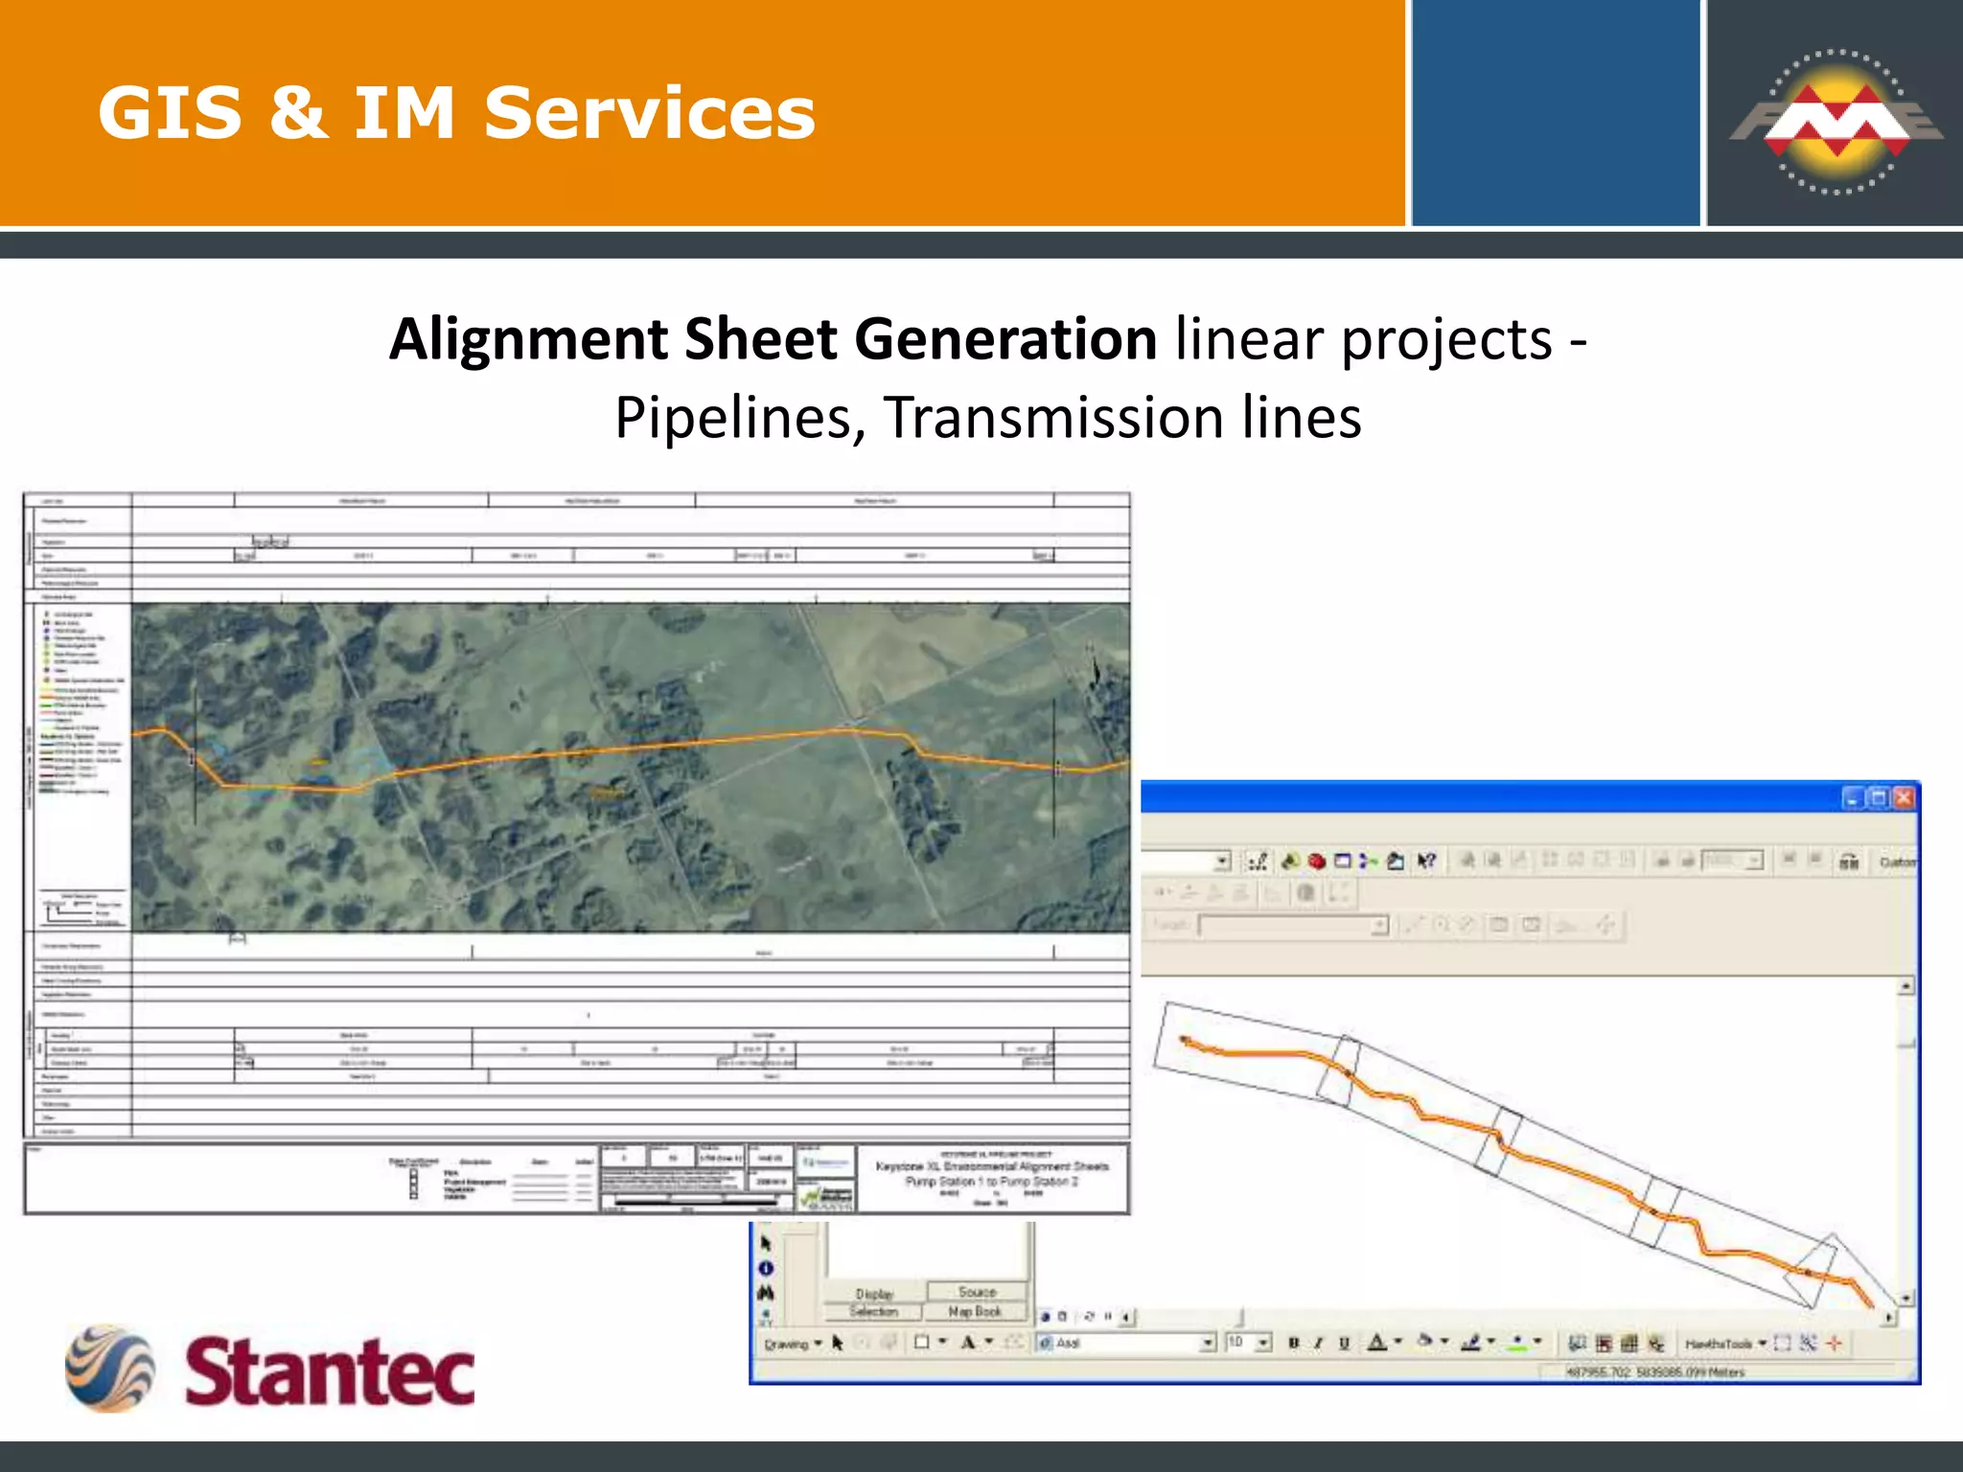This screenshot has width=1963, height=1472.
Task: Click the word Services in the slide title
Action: (x=649, y=113)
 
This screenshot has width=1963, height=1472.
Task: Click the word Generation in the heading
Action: (x=1005, y=339)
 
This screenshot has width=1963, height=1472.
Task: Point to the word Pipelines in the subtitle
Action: (x=732, y=418)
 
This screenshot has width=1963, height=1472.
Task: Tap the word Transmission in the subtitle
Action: (x=1053, y=418)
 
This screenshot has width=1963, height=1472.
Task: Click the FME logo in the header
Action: (x=1836, y=122)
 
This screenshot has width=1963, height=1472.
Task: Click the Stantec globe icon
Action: (x=109, y=1368)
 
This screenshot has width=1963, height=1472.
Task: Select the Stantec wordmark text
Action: (x=330, y=1371)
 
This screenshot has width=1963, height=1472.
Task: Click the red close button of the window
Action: (x=1904, y=798)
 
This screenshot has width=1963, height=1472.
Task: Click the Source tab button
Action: (x=977, y=1292)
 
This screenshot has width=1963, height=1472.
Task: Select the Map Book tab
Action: (x=975, y=1311)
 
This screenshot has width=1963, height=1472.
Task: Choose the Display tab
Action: (x=874, y=1294)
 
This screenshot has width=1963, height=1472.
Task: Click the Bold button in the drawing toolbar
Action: (x=1293, y=1344)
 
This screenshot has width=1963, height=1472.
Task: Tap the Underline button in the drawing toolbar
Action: (x=1344, y=1344)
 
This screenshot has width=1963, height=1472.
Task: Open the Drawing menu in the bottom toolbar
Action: (x=792, y=1344)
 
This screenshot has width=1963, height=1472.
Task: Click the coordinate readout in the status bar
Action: (x=1655, y=1372)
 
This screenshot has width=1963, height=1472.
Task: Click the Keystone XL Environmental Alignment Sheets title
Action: (x=992, y=1166)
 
